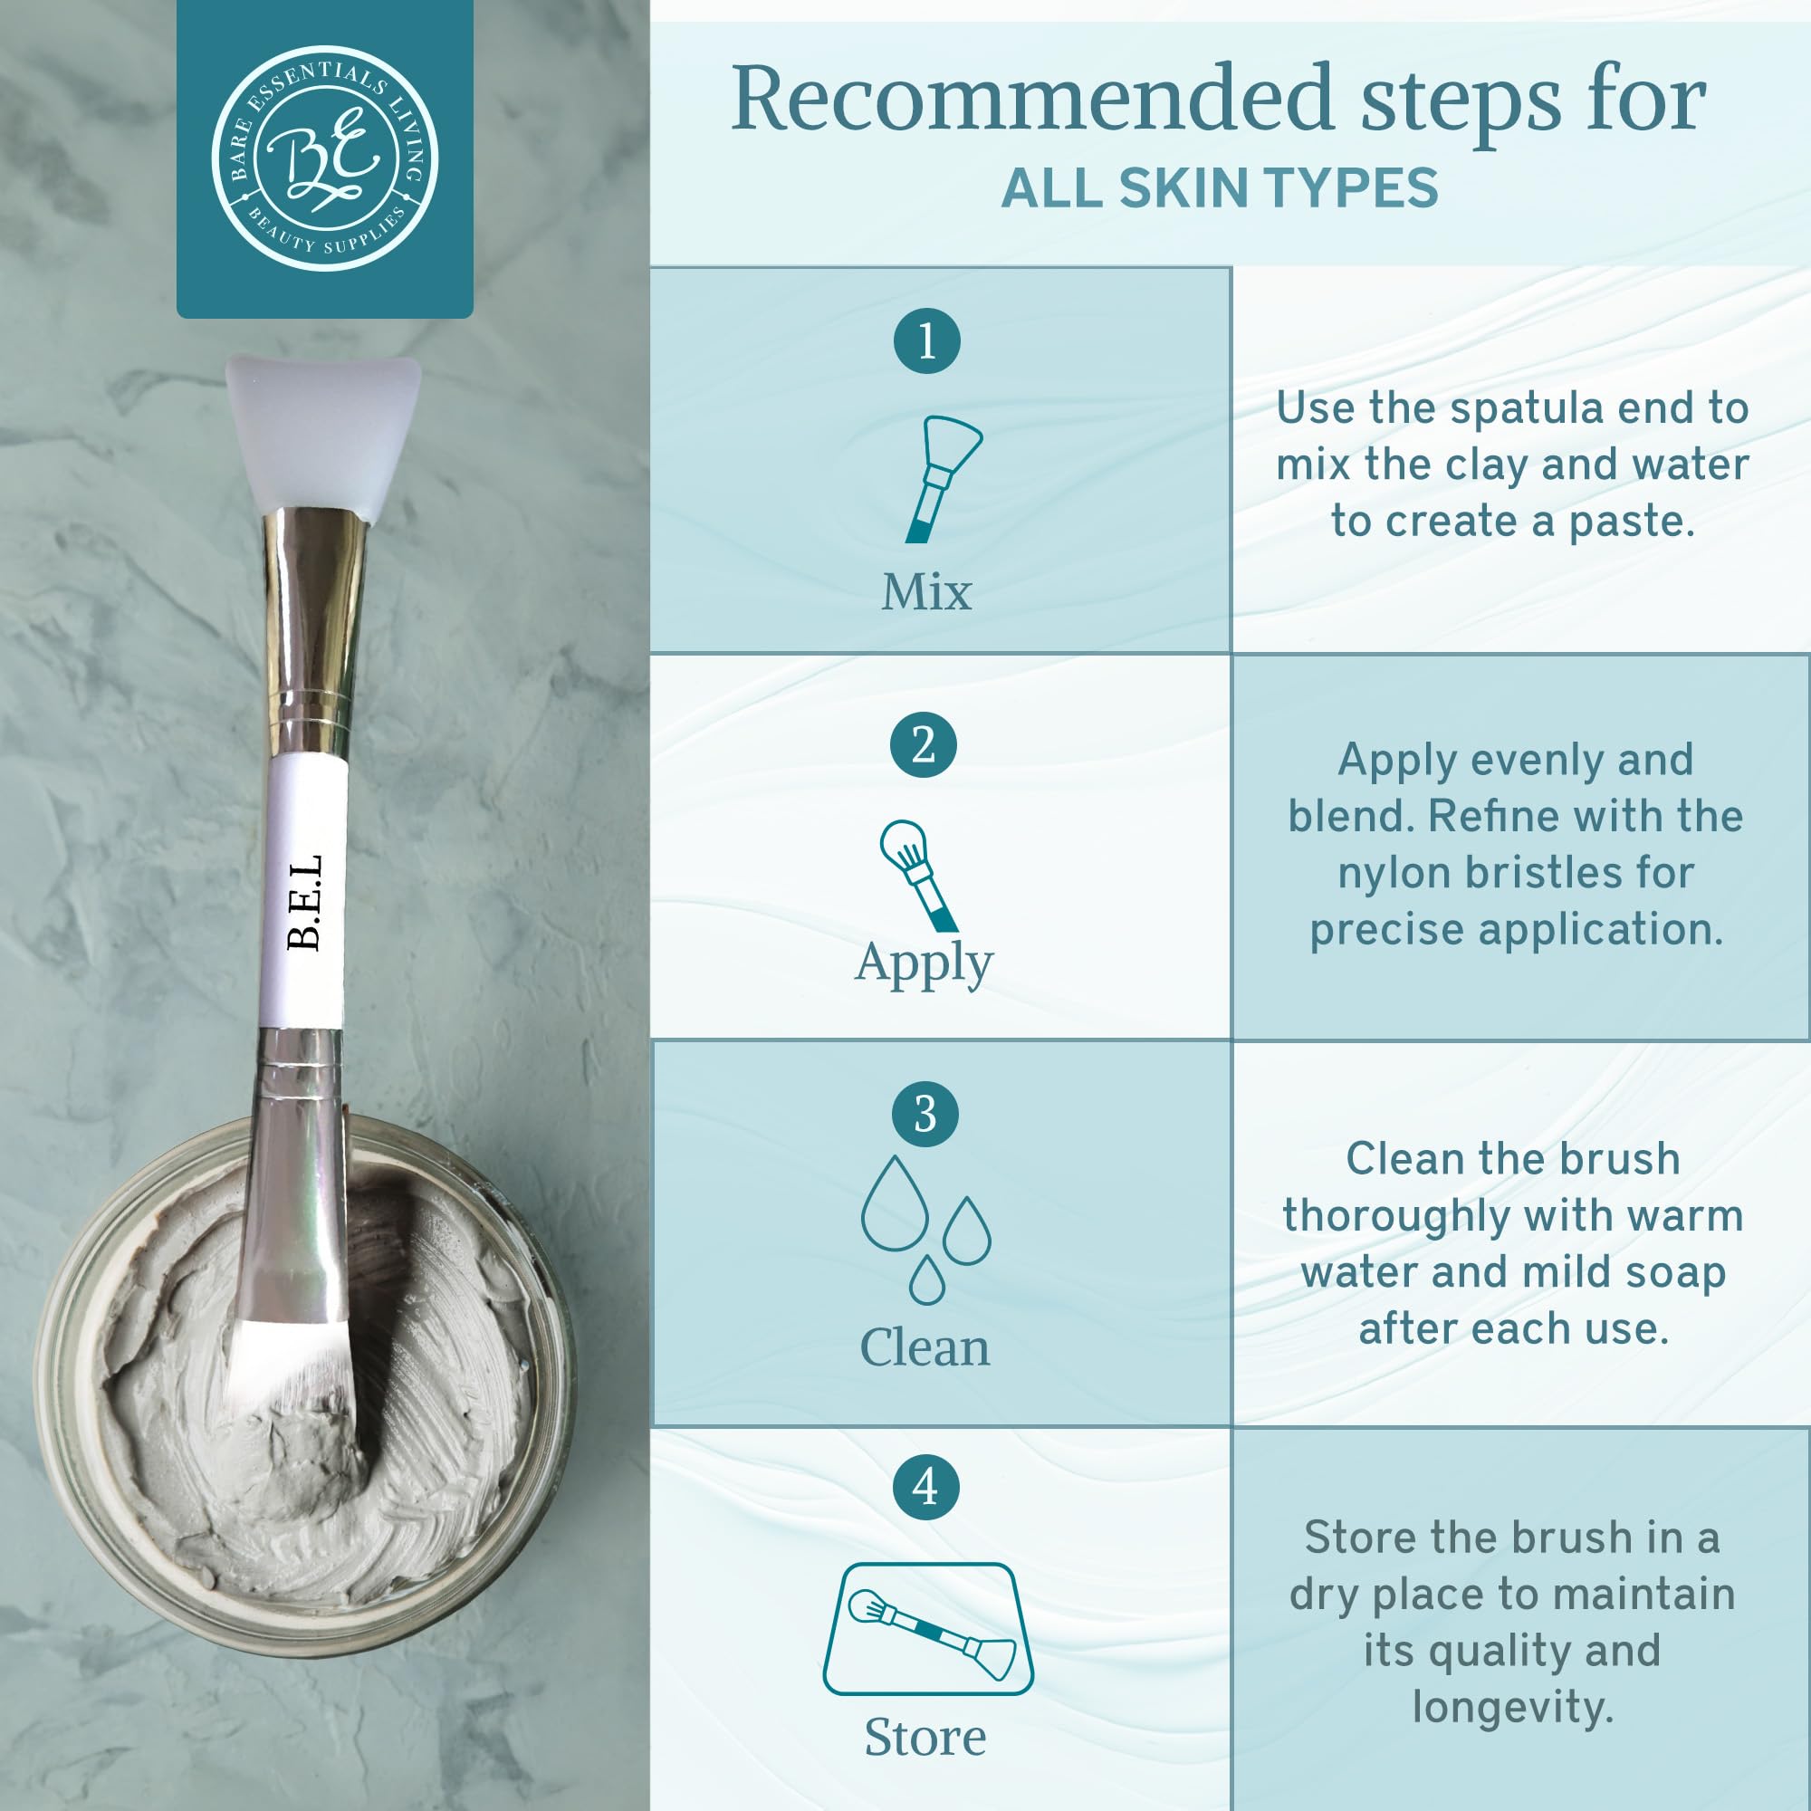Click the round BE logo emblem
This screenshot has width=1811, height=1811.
coord(324,158)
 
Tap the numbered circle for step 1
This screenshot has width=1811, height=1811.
coord(926,340)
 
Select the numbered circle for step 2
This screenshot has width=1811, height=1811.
coord(924,746)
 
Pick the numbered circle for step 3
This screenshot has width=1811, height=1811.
coord(925,1115)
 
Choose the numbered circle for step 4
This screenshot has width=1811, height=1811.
coord(925,1487)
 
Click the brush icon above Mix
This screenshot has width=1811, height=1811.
coord(940,477)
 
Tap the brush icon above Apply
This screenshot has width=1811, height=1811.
coord(916,875)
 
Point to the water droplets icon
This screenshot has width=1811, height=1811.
coord(925,1227)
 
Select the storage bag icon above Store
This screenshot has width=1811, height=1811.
coord(927,1628)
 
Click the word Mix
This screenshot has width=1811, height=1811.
coord(926,592)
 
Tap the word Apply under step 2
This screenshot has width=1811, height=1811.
coord(924,963)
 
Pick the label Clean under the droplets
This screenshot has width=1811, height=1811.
coord(925,1348)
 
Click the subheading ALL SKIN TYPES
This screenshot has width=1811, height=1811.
coord(1219,187)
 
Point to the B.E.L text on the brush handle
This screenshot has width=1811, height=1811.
coord(305,902)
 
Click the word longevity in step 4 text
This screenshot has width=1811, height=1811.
coord(1512,1707)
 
